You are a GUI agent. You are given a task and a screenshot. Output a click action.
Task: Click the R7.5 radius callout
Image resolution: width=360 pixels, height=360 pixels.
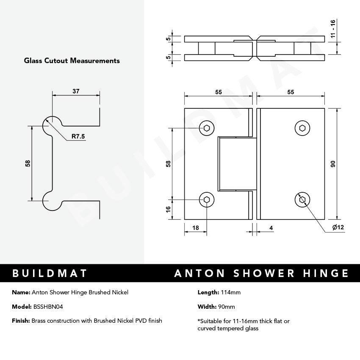pos(78,136)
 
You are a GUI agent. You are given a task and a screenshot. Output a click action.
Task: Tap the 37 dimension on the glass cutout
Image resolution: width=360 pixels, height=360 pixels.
pos(76,91)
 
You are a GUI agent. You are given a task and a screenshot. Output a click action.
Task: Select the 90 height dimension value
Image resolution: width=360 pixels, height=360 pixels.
pos(333,164)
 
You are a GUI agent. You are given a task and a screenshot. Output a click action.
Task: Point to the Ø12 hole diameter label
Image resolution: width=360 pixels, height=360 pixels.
pos(338,228)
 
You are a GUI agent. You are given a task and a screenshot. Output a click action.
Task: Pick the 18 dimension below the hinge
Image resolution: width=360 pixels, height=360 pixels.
pos(196,227)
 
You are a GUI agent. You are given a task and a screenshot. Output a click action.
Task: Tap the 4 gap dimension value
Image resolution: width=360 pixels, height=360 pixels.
pos(271,228)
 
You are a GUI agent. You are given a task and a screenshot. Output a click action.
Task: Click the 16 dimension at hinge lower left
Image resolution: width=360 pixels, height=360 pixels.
pos(168,209)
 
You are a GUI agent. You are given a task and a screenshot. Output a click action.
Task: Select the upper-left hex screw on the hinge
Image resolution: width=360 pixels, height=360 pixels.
pos(207,128)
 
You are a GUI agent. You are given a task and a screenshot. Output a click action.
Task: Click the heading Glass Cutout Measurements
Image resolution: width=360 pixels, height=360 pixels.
pos(72,61)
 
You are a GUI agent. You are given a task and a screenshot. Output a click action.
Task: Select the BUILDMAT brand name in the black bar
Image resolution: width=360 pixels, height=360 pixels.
pos(50,273)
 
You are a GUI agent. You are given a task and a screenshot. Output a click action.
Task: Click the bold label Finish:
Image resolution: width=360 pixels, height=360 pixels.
pos(21,321)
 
